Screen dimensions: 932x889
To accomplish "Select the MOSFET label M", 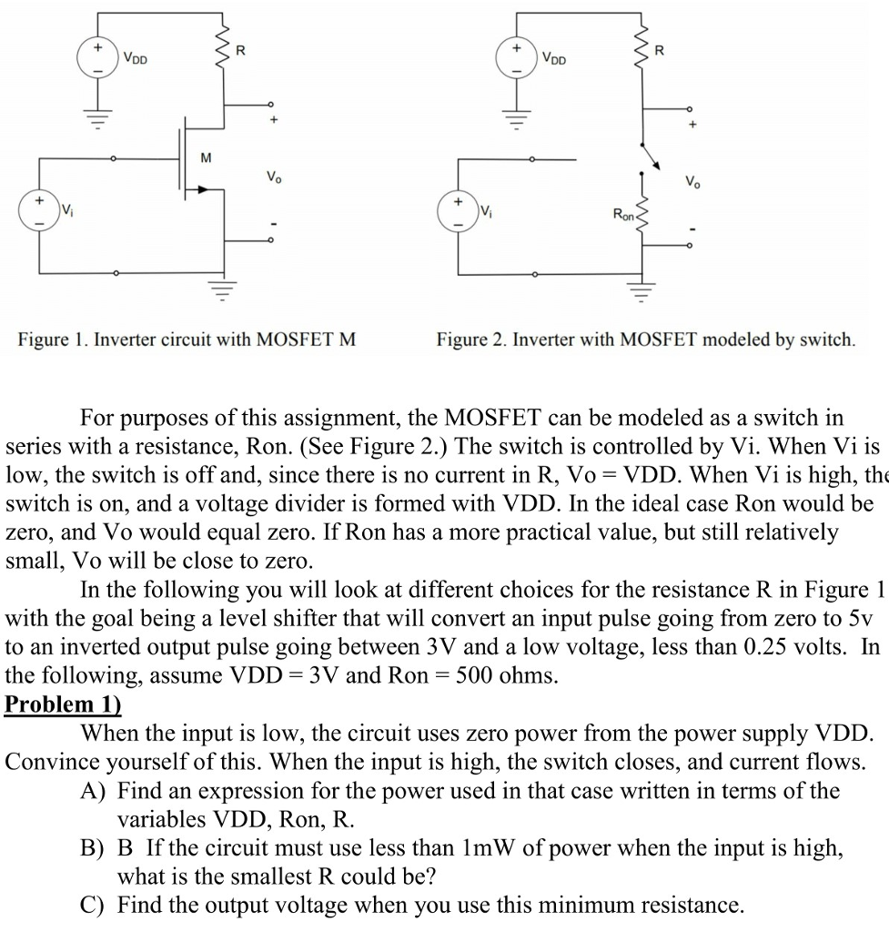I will tap(206, 157).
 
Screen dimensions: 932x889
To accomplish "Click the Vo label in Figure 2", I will tap(693, 178).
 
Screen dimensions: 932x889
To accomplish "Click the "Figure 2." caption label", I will tap(471, 340).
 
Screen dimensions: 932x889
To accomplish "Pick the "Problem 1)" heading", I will tap(63, 704).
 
